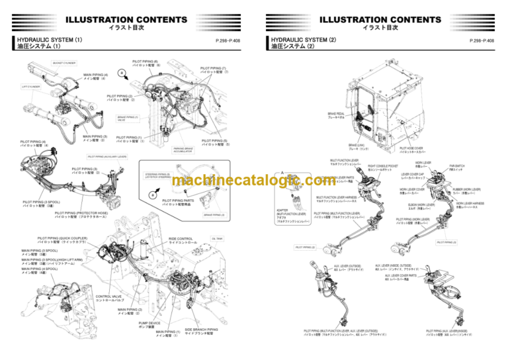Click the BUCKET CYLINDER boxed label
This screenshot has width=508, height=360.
[63, 64]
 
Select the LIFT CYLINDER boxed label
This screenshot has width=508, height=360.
[30, 86]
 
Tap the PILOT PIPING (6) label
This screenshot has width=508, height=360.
[146, 63]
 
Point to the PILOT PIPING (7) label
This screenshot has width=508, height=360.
[214, 69]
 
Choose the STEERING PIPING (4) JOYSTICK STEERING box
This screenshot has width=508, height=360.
[157, 175]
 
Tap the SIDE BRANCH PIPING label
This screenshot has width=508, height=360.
[201, 331]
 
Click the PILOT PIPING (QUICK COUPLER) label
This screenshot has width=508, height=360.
[62, 240]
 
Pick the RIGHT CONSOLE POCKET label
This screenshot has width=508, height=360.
[382, 167]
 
